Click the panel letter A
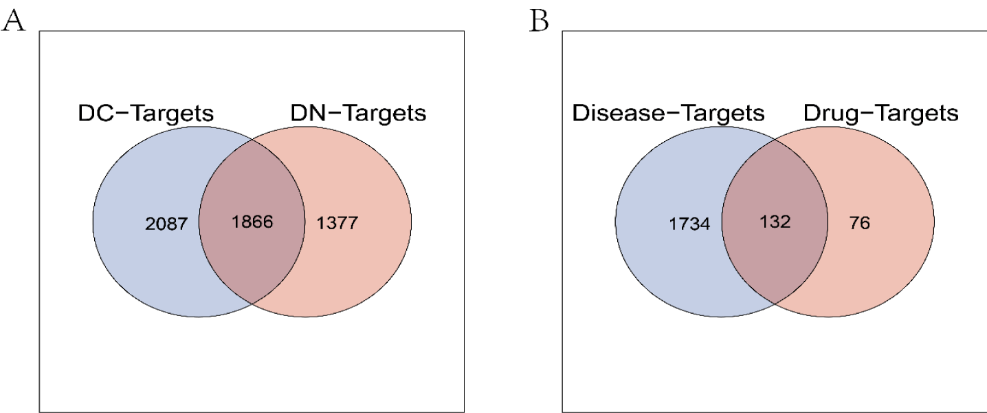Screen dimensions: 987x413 (x=13, y=21)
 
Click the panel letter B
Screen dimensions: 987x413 (x=539, y=21)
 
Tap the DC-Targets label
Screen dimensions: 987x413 (x=146, y=113)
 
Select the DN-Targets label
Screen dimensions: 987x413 (x=358, y=113)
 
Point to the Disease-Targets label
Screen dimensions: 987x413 (x=668, y=113)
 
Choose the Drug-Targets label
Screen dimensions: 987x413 (x=881, y=113)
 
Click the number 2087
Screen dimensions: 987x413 (x=166, y=224)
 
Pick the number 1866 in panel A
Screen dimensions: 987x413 (x=252, y=222)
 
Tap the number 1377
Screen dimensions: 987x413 (x=337, y=223)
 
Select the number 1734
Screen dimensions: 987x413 (x=689, y=224)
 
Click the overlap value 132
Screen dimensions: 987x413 (x=775, y=222)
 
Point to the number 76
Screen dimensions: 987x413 (x=860, y=223)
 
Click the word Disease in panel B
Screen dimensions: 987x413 (x=618, y=113)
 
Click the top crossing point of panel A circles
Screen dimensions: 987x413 (x=252, y=140)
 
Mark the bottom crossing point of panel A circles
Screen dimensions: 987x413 (x=252, y=304)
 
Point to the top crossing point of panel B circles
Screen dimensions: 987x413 (x=775, y=140)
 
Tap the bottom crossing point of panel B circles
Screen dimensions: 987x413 (x=775, y=304)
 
